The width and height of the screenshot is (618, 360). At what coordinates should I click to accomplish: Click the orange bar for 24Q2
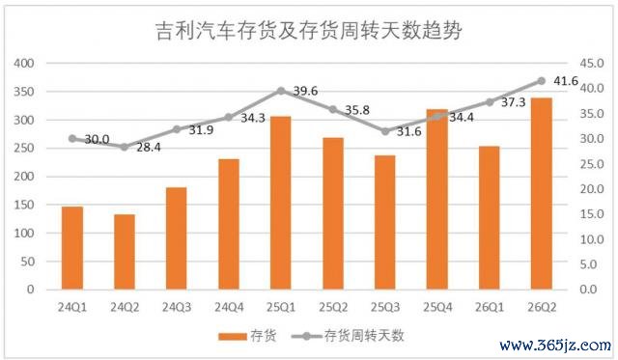pos(125,252)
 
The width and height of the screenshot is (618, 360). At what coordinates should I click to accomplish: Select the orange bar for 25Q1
pos(281,203)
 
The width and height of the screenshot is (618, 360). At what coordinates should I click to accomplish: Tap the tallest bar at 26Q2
pos(542,194)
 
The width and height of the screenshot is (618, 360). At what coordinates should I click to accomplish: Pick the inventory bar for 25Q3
pos(385,223)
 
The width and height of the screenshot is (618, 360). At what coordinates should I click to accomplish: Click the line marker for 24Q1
pos(72,139)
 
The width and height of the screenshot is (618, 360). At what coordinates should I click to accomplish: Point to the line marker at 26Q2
pos(542,81)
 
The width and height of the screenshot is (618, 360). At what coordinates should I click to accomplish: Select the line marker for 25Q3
pos(385,131)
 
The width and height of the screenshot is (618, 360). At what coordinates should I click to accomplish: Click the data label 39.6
pos(305,91)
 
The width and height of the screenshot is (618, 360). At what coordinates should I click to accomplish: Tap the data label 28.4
pos(149,148)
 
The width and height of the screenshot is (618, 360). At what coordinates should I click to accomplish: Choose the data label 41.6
pos(566,81)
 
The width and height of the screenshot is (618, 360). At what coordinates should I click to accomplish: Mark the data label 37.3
pos(513,102)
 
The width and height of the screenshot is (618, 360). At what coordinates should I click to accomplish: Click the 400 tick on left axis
pos(24,63)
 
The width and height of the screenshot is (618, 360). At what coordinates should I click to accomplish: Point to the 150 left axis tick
pos(24,205)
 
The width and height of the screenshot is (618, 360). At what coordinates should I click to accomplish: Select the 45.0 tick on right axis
pos(592,63)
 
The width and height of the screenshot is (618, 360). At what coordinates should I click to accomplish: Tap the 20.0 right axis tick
pos(592,189)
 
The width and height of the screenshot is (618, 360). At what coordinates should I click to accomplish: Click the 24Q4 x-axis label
pos(229,307)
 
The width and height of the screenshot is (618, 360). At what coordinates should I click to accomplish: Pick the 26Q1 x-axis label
pos(490,307)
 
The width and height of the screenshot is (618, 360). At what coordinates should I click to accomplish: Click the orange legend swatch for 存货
pos(233,337)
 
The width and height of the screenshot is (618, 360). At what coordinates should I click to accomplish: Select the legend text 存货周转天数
pos(364,336)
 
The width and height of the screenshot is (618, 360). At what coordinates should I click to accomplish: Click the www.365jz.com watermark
pos(555,346)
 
